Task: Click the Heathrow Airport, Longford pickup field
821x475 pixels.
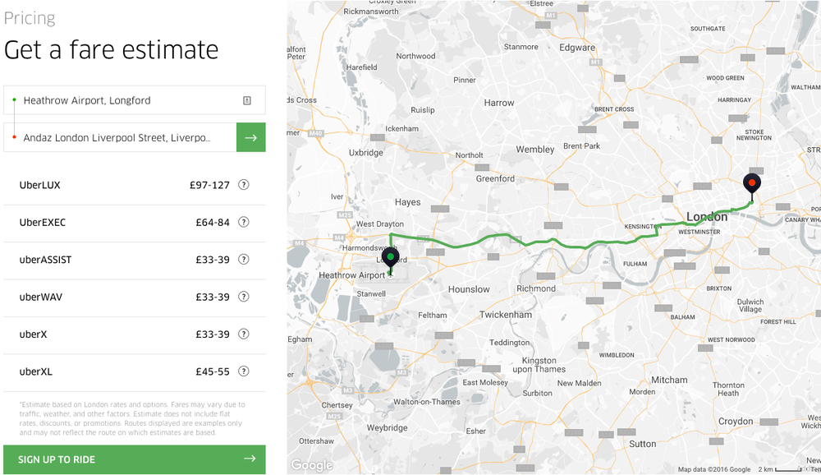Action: pos(131,100)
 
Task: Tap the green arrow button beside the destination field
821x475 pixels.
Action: pos(250,138)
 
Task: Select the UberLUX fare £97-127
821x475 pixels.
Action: pos(209,185)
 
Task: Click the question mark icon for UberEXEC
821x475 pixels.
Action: pos(244,222)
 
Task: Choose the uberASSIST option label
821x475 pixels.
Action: pos(45,260)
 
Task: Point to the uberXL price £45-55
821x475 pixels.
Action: pos(212,371)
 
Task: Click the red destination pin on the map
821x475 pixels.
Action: pos(751,183)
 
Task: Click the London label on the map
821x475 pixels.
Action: pos(706,217)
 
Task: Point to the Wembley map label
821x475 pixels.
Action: pos(534,150)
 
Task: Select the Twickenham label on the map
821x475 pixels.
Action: pos(506,315)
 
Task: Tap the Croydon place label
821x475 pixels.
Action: pos(736,422)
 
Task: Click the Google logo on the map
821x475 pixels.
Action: pos(313,465)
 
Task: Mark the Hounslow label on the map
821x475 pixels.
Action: pos(469,289)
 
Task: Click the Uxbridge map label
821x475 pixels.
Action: pos(366,153)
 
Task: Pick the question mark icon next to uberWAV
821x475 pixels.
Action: pos(244,297)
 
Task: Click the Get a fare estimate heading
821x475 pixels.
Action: pos(111,49)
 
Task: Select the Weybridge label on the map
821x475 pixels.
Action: pos(387,428)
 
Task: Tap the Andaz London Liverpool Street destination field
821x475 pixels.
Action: pos(119,138)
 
